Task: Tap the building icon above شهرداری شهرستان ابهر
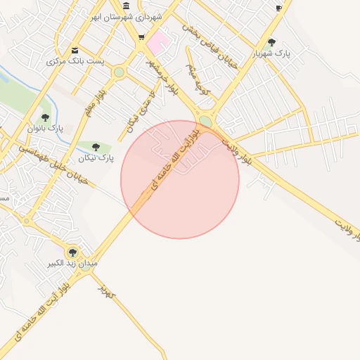[x=126, y=6]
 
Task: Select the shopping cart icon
[x=142, y=37]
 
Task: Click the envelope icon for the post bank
[x=75, y=50]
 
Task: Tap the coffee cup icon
[x=278, y=8]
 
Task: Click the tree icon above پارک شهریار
[x=272, y=42]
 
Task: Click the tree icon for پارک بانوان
[x=45, y=117]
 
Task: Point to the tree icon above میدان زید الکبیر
[x=72, y=252]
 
